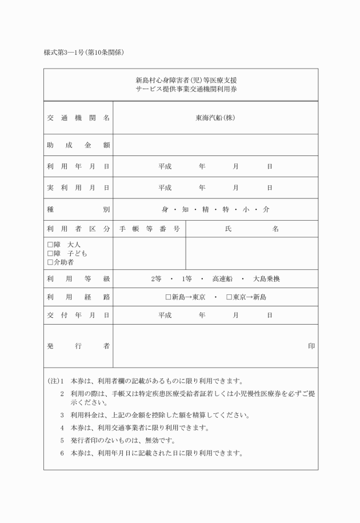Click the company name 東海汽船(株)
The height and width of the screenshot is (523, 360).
[x=215, y=118]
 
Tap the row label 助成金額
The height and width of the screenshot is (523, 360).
[x=78, y=145]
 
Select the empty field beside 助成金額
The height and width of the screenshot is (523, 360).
[x=215, y=145]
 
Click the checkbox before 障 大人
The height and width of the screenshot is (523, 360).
[x=50, y=245]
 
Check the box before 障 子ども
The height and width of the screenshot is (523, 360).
[x=50, y=253]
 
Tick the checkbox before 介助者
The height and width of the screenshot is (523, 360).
[x=50, y=262]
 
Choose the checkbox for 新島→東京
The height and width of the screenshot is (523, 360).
[x=168, y=297]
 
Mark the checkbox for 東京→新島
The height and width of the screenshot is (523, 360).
[x=229, y=297]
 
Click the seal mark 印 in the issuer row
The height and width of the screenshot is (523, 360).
[x=311, y=346]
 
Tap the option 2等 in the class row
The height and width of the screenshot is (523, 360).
[x=156, y=279]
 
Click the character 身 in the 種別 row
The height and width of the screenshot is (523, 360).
[x=165, y=209]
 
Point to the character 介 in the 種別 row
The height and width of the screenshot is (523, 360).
[x=266, y=209]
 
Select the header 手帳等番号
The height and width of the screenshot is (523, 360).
[x=149, y=229]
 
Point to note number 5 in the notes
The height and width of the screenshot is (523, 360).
[x=62, y=441]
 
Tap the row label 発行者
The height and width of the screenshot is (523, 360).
[x=78, y=346]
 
